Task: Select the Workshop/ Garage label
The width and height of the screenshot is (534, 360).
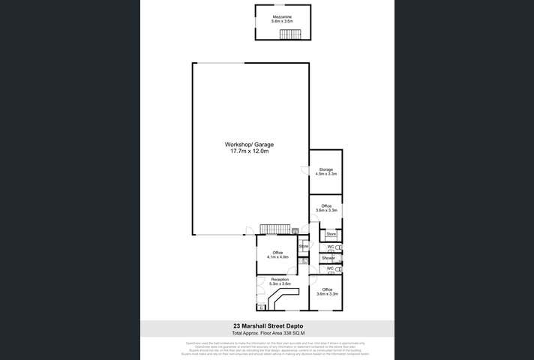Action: [249, 145]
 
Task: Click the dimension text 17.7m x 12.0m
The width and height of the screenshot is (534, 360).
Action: [249, 151]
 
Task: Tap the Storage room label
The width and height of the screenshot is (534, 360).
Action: [325, 169]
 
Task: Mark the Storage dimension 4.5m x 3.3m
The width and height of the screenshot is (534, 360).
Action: [325, 174]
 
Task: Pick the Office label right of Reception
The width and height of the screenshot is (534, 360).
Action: [326, 289]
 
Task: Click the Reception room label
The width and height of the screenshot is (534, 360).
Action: [279, 279]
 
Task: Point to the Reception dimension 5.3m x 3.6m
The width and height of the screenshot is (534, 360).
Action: [279, 283]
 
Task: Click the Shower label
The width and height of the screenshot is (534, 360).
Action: [328, 257]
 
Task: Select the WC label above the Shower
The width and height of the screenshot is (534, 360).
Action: [330, 247]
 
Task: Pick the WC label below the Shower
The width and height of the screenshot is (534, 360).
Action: [330, 268]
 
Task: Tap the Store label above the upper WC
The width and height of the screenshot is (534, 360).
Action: [331, 235]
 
